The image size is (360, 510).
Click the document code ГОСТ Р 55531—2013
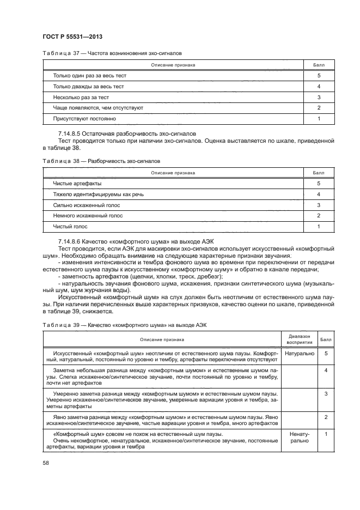(73, 37)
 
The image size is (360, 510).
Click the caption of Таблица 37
(112, 54)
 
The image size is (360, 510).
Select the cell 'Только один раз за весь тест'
(89, 76)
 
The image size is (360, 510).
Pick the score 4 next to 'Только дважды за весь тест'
(318, 87)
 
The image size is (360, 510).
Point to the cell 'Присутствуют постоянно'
(84, 118)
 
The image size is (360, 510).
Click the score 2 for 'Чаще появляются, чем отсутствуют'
(318, 108)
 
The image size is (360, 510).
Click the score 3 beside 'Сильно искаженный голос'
(318, 205)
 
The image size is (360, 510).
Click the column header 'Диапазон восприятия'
(299, 339)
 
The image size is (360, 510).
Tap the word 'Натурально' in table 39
(299, 354)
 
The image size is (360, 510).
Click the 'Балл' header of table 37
(318, 65)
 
